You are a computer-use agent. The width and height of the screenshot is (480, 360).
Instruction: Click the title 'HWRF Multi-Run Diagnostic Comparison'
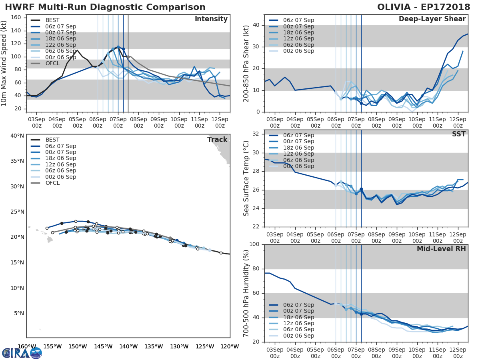coord(105,7)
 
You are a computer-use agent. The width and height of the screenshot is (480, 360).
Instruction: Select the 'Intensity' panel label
coord(211,19)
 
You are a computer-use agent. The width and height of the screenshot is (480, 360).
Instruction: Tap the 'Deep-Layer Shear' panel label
coord(432,19)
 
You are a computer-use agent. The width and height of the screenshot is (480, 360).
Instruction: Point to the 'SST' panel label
coord(458,134)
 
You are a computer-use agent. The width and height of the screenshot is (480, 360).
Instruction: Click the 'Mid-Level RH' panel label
coord(441,249)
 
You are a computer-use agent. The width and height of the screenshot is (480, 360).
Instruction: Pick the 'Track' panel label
coord(217,140)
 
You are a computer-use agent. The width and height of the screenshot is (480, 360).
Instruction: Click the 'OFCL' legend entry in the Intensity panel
coord(52,64)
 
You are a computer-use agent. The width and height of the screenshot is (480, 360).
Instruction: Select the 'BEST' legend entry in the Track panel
coord(52,140)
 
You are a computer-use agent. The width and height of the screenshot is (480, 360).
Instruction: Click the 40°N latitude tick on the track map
coord(17,136)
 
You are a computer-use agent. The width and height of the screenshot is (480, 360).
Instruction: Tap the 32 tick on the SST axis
coord(258,134)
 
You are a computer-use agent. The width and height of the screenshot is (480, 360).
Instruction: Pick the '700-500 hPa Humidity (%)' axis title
coord(246,293)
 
